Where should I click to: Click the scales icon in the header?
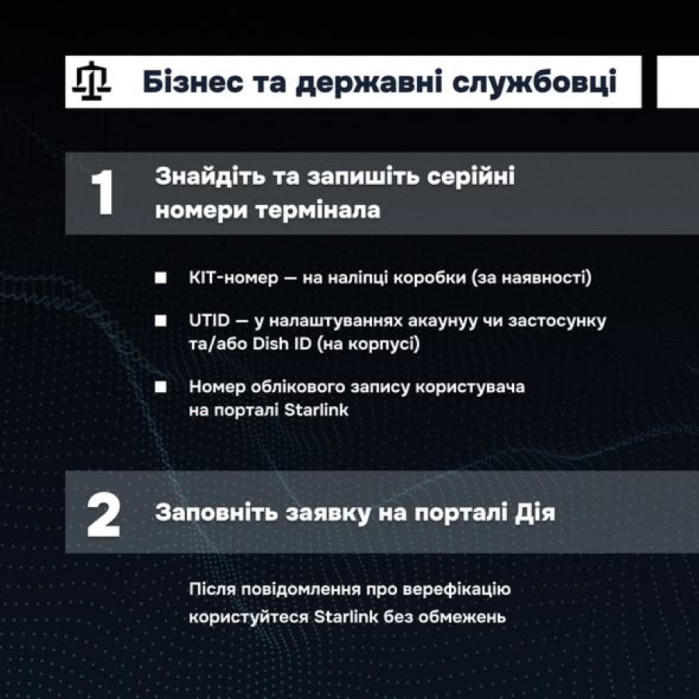[92, 81]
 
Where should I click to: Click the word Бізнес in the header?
[193, 82]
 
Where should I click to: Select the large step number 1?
[102, 193]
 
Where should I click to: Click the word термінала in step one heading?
[318, 210]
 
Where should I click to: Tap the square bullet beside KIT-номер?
[161, 278]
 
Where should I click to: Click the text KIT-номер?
[234, 278]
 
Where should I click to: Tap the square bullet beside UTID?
[161, 321]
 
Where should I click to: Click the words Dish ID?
[282, 344]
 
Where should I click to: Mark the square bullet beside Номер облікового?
[161, 387]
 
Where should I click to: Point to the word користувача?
[470, 388]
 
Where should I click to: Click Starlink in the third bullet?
[316, 409]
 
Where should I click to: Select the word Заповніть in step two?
[216, 513]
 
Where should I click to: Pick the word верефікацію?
[457, 589]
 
